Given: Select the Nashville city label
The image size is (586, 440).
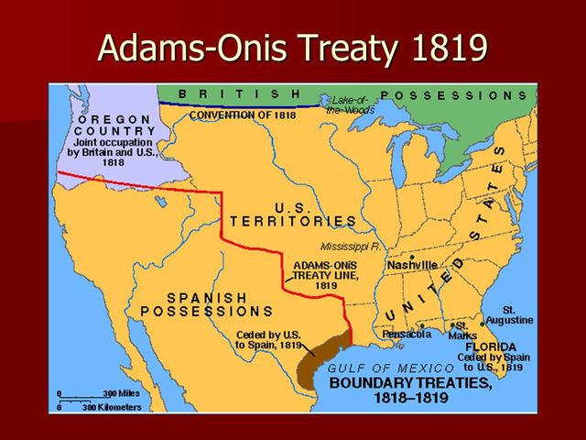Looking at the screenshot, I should coord(412,264).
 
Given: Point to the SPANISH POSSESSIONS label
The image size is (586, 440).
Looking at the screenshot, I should coord(207,304).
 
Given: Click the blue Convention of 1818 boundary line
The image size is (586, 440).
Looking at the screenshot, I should coord(238,105).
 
